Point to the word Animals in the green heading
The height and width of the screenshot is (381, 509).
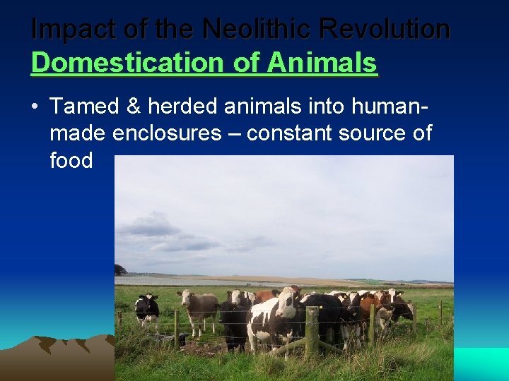tap(322, 63)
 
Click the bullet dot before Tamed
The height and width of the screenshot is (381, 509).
tap(35, 107)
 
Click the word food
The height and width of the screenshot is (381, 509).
tap(71, 160)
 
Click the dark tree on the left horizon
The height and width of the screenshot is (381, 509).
tap(120, 270)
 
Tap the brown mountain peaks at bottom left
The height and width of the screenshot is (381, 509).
tap(57, 349)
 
